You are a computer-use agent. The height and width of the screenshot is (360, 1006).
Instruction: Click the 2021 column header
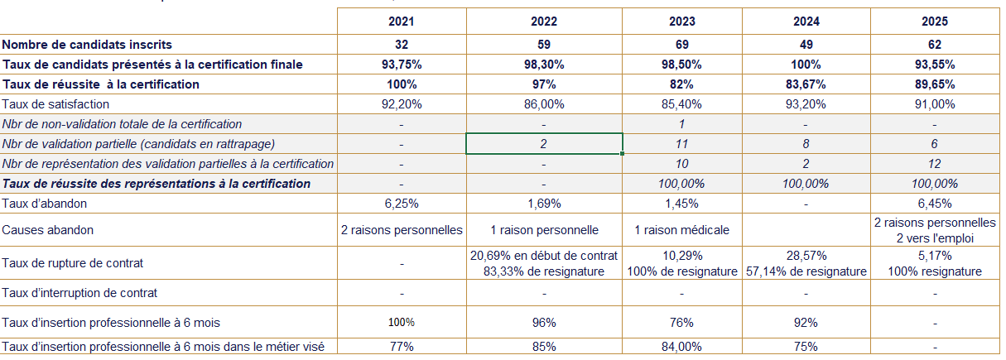point(401,22)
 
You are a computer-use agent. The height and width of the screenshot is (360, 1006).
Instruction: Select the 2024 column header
point(806,22)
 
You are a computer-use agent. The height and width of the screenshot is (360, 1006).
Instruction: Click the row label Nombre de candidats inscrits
point(87,45)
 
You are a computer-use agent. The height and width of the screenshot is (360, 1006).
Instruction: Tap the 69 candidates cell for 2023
point(681,45)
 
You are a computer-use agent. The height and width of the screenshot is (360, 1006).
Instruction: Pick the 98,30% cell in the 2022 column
point(544,65)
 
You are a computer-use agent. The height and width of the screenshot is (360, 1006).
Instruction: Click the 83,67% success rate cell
point(806,84)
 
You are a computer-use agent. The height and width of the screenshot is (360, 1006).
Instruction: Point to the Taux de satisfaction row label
point(55,104)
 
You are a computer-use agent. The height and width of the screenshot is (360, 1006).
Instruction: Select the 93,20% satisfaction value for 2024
point(806,104)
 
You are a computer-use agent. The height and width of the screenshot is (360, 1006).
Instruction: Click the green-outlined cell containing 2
point(544,144)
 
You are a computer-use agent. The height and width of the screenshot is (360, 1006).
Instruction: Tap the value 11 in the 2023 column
point(681,144)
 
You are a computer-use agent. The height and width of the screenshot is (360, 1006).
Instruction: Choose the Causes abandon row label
point(48,230)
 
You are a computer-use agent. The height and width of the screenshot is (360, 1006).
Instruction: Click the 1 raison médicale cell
point(681,230)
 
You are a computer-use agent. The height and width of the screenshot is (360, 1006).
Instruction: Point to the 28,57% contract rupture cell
point(806,257)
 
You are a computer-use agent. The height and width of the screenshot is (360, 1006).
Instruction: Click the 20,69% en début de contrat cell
point(544,257)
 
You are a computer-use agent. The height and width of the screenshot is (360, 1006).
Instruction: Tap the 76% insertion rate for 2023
point(681,323)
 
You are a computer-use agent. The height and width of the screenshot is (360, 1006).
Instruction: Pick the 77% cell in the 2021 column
point(401,347)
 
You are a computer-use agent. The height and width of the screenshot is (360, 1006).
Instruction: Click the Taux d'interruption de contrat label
point(79,293)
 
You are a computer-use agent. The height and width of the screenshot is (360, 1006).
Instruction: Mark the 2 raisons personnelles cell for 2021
point(401,230)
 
